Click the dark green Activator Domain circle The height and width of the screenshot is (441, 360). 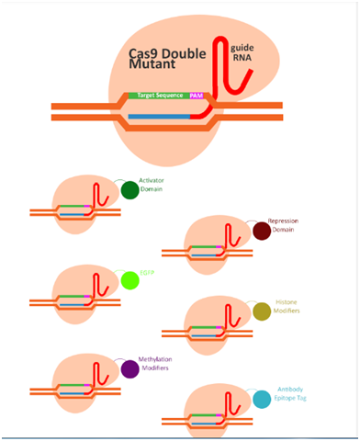click(x=129, y=190)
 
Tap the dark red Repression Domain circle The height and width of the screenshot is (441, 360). click(x=261, y=232)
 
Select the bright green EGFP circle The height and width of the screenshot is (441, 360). click(x=129, y=280)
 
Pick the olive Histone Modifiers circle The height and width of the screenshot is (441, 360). click(x=261, y=312)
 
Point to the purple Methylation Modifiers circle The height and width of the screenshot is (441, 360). click(x=129, y=368)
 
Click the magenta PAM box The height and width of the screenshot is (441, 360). click(x=197, y=95)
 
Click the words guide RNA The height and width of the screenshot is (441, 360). click(x=243, y=51)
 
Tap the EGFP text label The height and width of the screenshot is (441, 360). click(x=147, y=274)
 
